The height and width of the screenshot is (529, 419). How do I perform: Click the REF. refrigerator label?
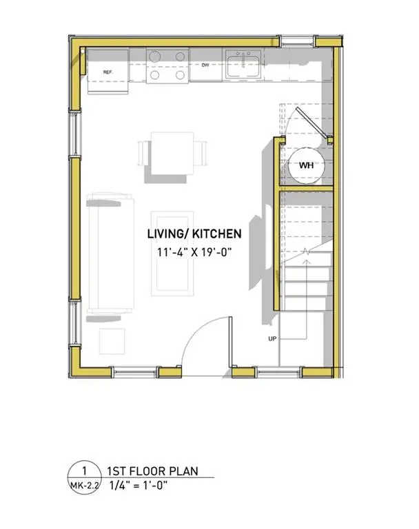click(108, 72)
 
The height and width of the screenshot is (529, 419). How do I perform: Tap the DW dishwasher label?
click(205, 66)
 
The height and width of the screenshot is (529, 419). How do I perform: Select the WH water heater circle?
click(305, 165)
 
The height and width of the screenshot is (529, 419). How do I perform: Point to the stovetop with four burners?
click(168, 65)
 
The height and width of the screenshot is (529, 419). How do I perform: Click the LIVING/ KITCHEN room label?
click(194, 234)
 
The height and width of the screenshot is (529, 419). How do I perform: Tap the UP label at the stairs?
click(273, 339)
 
